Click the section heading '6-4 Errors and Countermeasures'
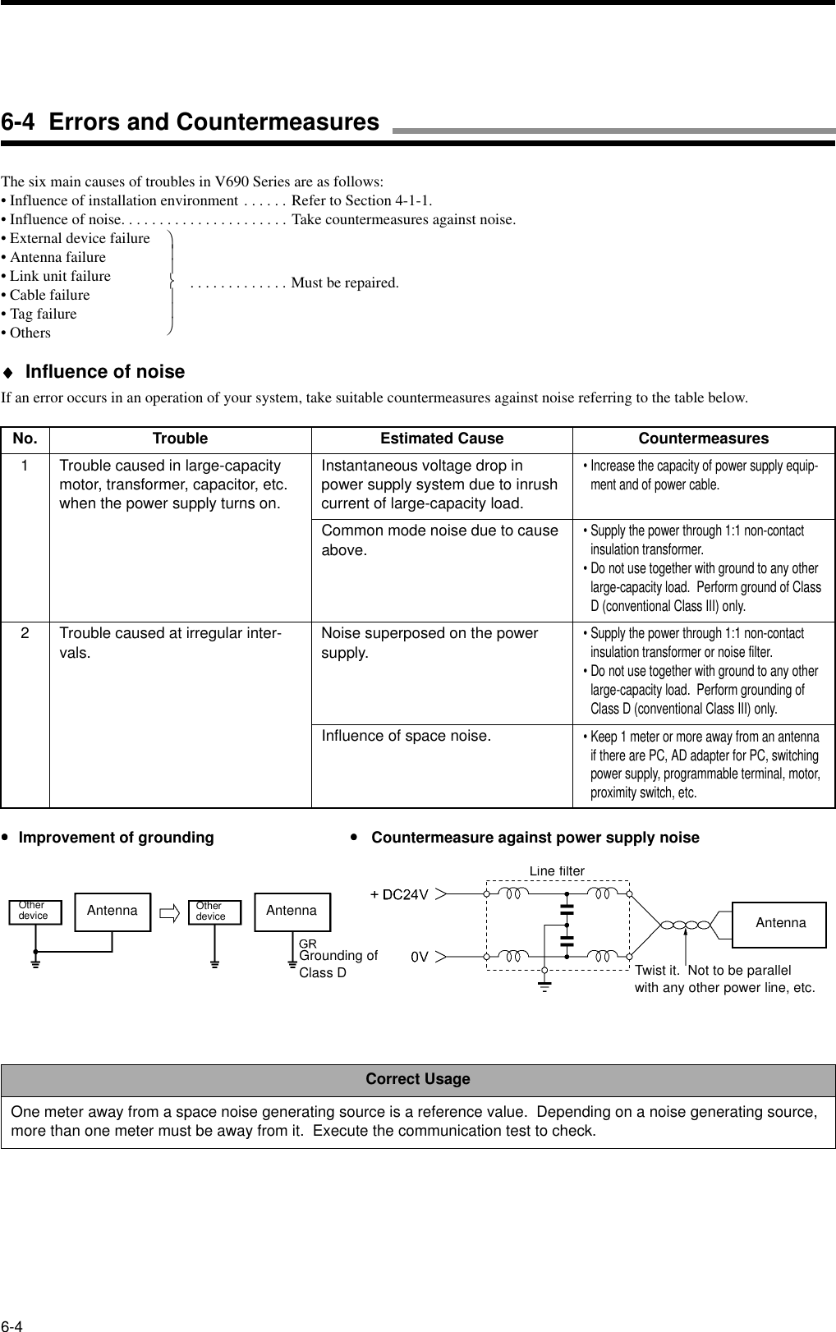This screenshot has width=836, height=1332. click(x=191, y=122)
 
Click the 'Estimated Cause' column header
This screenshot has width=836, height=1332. click(x=442, y=439)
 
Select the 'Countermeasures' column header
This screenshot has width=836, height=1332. click(x=704, y=439)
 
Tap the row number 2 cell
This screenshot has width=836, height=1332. click(x=25, y=634)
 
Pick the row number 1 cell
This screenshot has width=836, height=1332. click(x=25, y=466)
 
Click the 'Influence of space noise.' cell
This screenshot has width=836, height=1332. click(x=407, y=736)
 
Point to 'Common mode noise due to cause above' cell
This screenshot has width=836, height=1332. click(x=439, y=540)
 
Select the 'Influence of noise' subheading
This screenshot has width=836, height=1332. click(x=105, y=372)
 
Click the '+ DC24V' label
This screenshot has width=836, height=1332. click(x=399, y=894)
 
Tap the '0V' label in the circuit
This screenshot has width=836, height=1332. click(x=420, y=957)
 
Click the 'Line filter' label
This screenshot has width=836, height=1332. click(x=557, y=870)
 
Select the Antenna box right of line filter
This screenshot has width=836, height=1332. click(x=779, y=923)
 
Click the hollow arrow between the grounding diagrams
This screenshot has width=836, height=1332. click(x=171, y=912)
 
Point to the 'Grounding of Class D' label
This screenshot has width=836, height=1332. click(x=338, y=964)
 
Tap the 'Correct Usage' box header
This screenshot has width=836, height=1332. click(x=418, y=1079)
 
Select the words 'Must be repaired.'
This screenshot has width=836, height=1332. click(x=345, y=283)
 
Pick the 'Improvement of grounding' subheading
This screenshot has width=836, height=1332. click(x=116, y=838)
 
